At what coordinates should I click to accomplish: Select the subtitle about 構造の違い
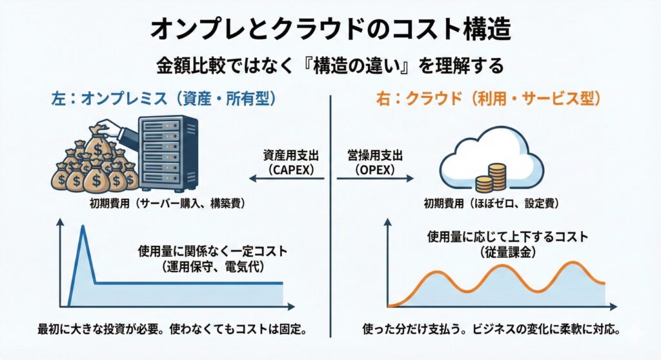click(330, 65)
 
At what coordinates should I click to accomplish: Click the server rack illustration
click(170, 152)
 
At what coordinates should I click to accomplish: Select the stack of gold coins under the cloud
click(493, 178)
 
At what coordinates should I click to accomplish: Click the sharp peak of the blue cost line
click(83, 227)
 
